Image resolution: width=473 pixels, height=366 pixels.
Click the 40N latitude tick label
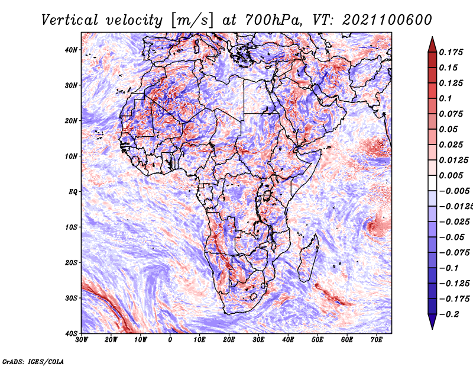(x=71, y=50)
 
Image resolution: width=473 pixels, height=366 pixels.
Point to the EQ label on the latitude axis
(x=73, y=192)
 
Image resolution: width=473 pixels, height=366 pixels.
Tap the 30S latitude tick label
(x=71, y=298)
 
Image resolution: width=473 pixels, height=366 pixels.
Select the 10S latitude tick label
(x=71, y=227)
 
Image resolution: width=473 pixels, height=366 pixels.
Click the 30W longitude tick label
(x=82, y=340)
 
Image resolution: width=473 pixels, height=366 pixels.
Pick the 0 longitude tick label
(x=170, y=340)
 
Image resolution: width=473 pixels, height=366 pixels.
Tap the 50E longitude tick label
(x=318, y=340)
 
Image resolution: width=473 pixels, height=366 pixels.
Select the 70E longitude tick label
(x=377, y=340)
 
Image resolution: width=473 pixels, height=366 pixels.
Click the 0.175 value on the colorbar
(x=451, y=53)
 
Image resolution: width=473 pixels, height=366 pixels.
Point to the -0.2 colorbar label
(x=449, y=314)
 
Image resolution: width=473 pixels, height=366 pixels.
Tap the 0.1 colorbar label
(x=446, y=98)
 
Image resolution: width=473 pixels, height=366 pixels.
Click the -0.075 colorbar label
(x=454, y=253)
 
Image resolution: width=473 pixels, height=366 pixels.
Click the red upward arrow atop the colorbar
(x=432, y=44)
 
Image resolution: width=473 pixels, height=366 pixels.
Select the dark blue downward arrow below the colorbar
(x=432, y=322)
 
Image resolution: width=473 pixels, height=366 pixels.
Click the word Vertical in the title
(x=70, y=20)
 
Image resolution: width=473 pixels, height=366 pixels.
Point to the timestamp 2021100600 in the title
(x=387, y=20)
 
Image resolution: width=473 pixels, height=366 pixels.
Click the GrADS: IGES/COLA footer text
(x=33, y=362)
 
